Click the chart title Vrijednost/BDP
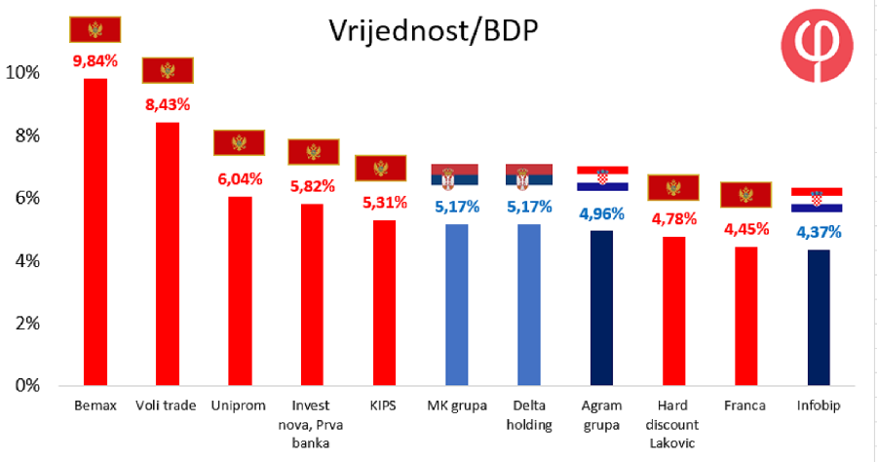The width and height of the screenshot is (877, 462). pyautogui.click(x=433, y=31)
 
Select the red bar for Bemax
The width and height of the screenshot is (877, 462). pyautogui.click(x=95, y=232)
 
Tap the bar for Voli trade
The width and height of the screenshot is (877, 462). pyautogui.click(x=168, y=253)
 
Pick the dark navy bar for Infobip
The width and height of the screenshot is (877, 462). pyautogui.click(x=819, y=317)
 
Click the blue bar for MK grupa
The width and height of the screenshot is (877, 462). pyautogui.click(x=456, y=305)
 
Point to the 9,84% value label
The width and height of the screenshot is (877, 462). pyautogui.click(x=95, y=61)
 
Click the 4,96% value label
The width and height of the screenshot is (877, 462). pyautogui.click(x=601, y=213)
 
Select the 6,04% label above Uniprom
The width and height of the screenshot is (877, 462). pyautogui.click(x=240, y=179)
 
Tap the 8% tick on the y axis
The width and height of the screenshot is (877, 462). pyautogui.click(x=27, y=135)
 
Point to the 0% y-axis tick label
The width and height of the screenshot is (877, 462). pyautogui.click(x=27, y=385)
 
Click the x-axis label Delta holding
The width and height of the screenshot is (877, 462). pyautogui.click(x=529, y=415)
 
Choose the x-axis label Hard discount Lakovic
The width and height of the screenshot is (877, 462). pyautogui.click(x=672, y=424)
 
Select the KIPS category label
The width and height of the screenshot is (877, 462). pyautogui.click(x=383, y=405)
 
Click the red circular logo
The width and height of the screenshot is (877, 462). pyautogui.click(x=818, y=46)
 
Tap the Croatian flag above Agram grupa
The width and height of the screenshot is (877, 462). pyautogui.click(x=602, y=178)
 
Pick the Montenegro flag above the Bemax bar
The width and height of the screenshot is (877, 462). pyautogui.click(x=95, y=29)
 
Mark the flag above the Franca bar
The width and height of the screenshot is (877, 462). pyautogui.click(x=745, y=195)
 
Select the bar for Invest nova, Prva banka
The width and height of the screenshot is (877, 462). pyautogui.click(x=312, y=294)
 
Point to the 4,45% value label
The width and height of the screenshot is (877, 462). pyautogui.click(x=746, y=229)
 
